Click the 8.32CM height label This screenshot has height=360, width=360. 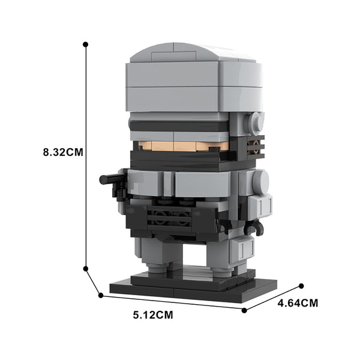[x=63, y=152]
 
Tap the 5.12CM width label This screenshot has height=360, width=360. [x=153, y=315]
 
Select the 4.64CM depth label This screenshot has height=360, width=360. [x=298, y=303]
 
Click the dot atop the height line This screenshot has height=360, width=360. [x=86, y=44]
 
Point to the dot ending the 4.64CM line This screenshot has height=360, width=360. [x=301, y=286]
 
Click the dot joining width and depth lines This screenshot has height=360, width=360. [x=244, y=310]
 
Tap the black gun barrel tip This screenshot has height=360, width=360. [x=102, y=179]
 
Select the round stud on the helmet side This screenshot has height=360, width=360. [x=255, y=124]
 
